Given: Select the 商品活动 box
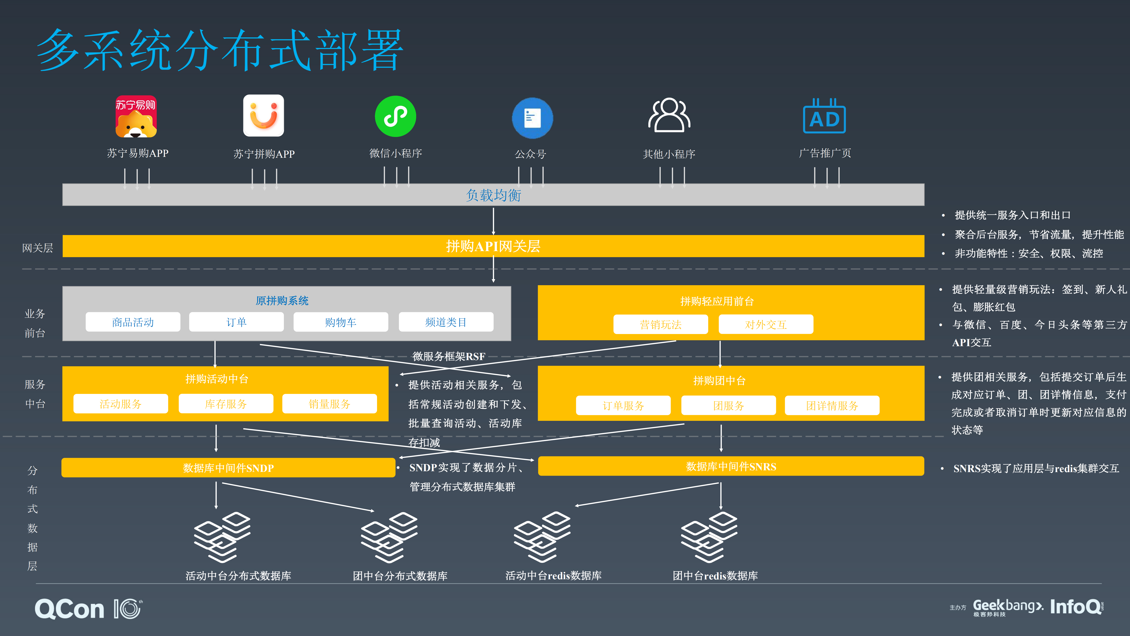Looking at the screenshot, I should [133, 322].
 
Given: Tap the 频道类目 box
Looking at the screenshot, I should [446, 322].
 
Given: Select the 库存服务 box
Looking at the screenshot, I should [226, 404].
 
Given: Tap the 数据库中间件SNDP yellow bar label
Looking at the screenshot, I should [228, 468].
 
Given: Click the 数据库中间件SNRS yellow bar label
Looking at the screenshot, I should [731, 467].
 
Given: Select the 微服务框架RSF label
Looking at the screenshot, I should [449, 356].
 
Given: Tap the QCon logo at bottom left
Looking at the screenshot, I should [69, 609].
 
